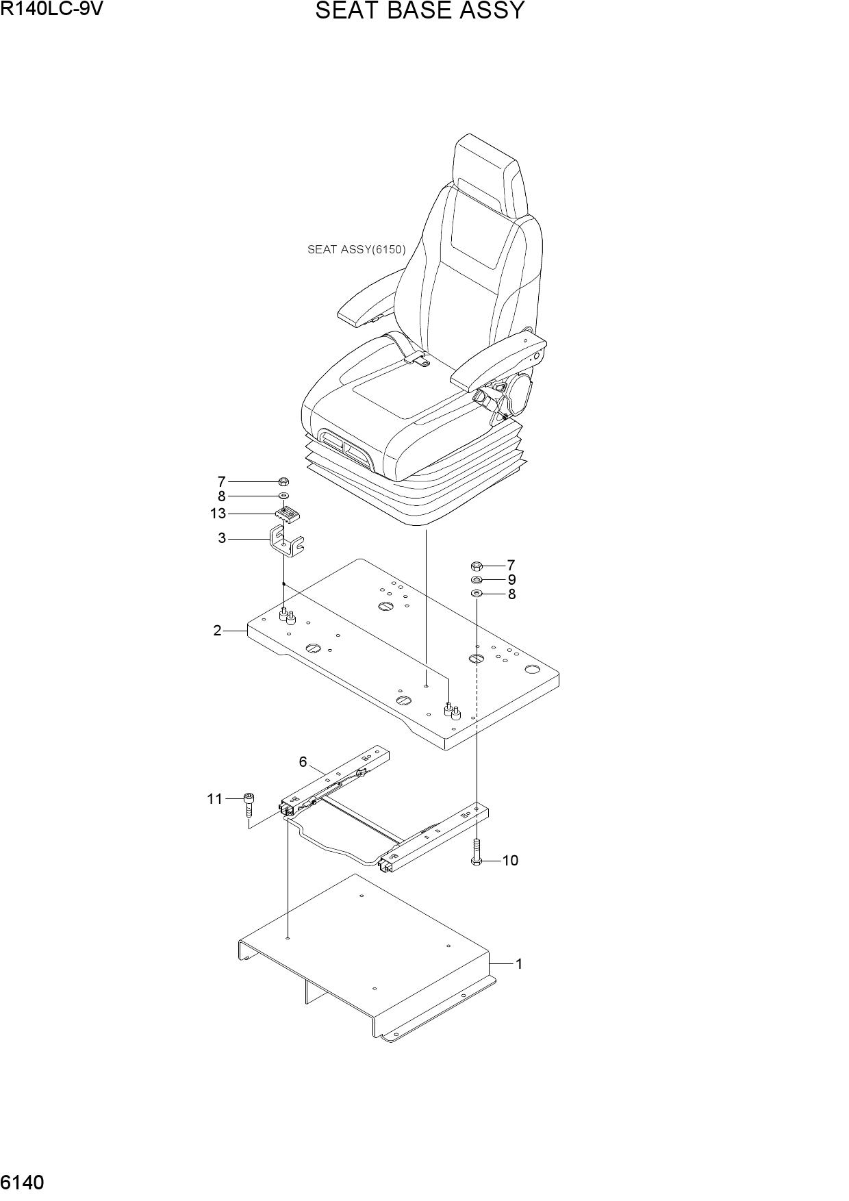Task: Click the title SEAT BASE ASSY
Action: click(420, 11)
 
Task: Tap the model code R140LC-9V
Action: click(51, 9)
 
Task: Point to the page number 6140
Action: click(23, 1183)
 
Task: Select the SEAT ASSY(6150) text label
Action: click(356, 250)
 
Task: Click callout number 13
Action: click(218, 514)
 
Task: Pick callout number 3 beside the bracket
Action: click(222, 538)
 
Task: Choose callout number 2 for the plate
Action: click(218, 631)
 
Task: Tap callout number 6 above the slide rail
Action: click(303, 761)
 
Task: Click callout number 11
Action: click(215, 798)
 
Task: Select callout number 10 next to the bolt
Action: click(511, 860)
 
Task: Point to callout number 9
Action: click(511, 580)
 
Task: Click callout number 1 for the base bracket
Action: click(519, 964)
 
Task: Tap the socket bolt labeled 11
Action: click(250, 805)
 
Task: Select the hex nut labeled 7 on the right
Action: click(477, 566)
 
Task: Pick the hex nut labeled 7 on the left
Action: click(284, 481)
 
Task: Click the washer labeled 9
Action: click(477, 580)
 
